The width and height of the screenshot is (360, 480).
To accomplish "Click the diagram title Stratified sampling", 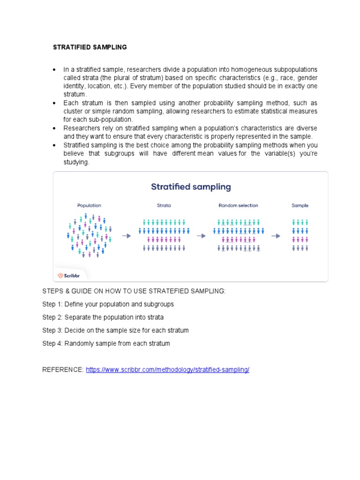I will click(191, 187).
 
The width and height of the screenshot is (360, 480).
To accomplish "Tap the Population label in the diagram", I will click(89, 205).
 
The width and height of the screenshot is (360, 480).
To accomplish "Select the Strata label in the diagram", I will click(164, 205).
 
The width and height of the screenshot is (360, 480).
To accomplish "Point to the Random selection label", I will click(238, 205).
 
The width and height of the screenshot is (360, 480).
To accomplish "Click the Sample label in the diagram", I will click(300, 205).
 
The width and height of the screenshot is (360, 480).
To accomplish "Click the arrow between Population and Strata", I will click(127, 236).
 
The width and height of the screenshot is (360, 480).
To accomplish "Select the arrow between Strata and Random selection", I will click(201, 236).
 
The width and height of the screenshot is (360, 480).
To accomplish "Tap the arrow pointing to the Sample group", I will click(276, 236).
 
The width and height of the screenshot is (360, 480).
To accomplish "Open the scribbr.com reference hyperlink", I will click(167, 370).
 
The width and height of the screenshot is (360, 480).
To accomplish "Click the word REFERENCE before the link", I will click(63, 370).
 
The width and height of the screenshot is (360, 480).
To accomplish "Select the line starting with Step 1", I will click(108, 304).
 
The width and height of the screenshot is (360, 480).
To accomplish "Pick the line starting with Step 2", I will click(103, 317).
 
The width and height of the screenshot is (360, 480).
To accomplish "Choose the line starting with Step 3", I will click(115, 330).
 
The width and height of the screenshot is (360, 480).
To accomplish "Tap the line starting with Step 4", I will click(106, 344).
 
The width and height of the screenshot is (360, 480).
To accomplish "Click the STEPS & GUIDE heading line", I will click(134, 291).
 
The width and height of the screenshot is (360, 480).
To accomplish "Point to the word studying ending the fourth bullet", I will click(76, 162).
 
